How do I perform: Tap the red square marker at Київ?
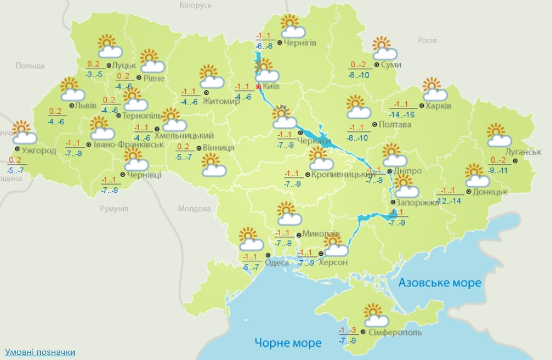[x=258, y=87]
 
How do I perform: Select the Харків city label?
[x=438, y=106]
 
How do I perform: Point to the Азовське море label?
[x=440, y=283]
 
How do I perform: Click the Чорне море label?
[x=288, y=342]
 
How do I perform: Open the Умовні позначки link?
[x=40, y=352]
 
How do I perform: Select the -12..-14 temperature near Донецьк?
[x=448, y=200]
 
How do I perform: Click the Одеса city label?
[x=277, y=263]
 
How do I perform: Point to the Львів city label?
[x=85, y=106]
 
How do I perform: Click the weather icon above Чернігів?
[x=292, y=26]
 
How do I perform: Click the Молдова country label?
[x=194, y=209]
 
